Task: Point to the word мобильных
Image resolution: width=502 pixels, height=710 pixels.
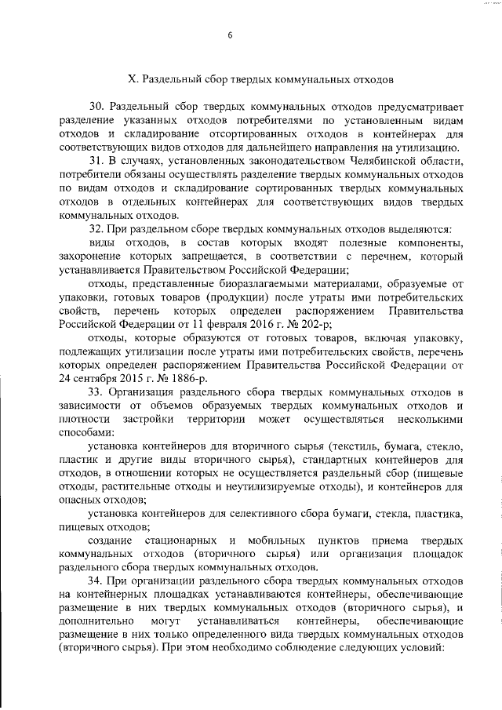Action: pos(274,541)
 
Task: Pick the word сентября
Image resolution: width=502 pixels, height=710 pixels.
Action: pos(103,378)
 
